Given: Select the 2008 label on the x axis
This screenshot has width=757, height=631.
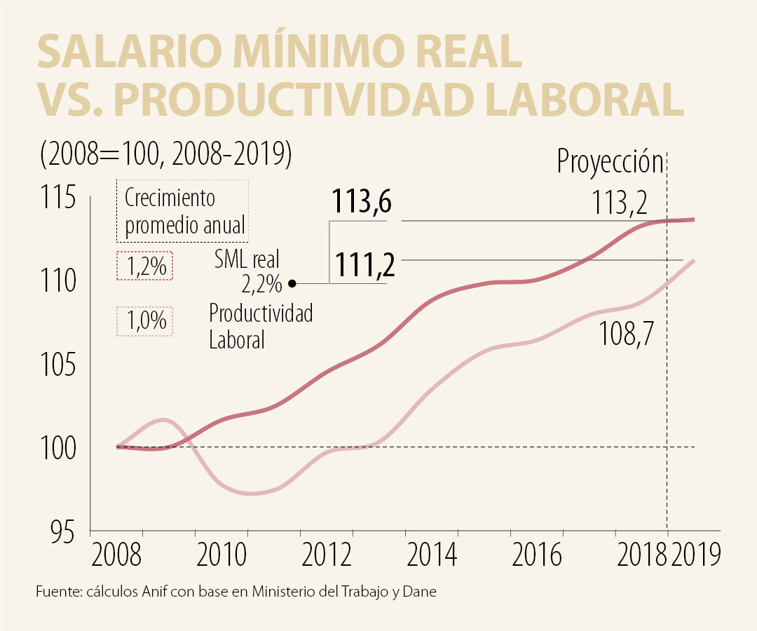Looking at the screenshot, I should click(117, 555).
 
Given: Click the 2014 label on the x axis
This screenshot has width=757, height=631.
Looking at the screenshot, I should click(432, 555).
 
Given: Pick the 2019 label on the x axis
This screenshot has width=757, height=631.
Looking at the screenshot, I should click(695, 555).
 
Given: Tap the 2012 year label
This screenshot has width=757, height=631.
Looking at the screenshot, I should click(327, 555).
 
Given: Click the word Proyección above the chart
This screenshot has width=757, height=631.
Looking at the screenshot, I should click(610, 162).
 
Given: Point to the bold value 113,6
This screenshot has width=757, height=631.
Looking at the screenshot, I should click(361, 204).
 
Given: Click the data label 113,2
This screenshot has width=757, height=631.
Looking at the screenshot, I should click(617, 204).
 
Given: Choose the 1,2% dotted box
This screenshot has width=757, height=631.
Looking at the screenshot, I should click(144, 266).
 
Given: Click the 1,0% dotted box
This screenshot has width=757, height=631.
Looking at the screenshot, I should click(144, 320).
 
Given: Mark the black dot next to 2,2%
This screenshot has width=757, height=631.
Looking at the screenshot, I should click(292, 283).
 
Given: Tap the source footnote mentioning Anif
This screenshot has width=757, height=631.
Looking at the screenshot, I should click(236, 592).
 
